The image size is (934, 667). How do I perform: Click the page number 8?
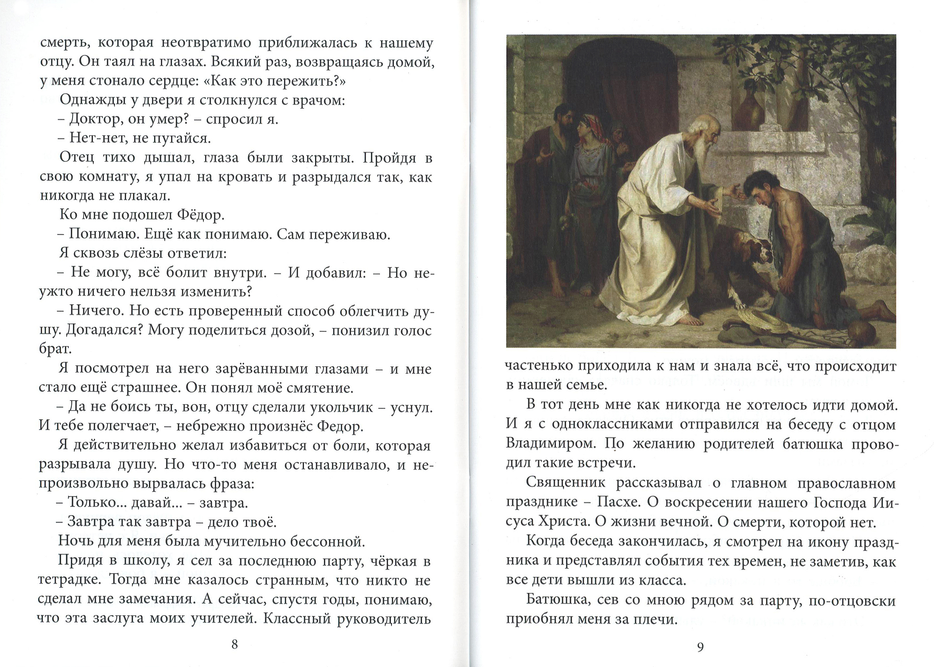tap(234, 644)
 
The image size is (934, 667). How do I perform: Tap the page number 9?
tap(700, 647)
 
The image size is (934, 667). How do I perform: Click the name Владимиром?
tap(547, 443)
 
